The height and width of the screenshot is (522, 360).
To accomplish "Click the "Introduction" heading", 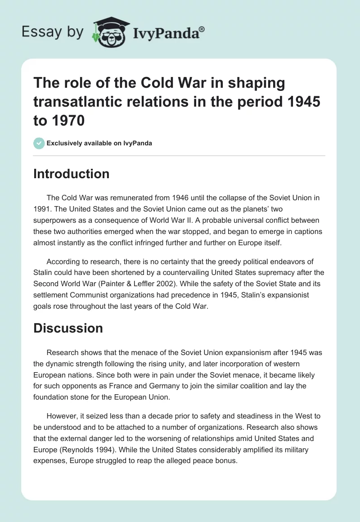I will pos(71,174).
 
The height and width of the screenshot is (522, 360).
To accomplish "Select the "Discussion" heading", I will pos(68,328).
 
